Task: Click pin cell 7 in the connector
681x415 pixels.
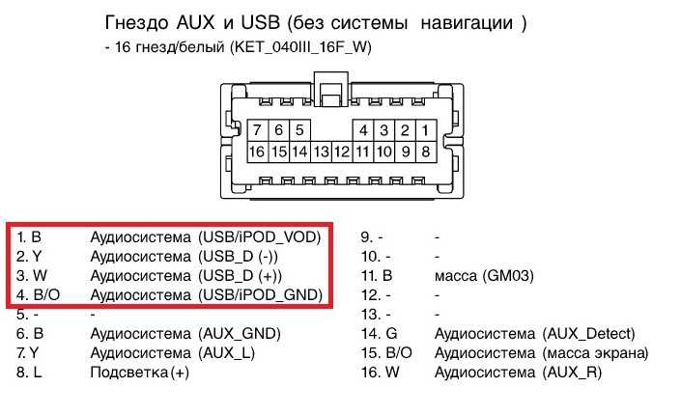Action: pyautogui.click(x=258, y=130)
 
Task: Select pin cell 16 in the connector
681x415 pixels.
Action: pyautogui.click(x=258, y=152)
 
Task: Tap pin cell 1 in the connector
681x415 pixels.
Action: pyautogui.click(x=426, y=130)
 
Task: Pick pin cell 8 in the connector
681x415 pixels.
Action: pyautogui.click(x=426, y=152)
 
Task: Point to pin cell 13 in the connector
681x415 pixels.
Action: pyautogui.click(x=321, y=152)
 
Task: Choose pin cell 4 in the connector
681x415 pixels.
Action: pyautogui.click(x=363, y=130)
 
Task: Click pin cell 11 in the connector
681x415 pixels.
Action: pyautogui.click(x=363, y=152)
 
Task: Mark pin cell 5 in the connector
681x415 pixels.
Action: pyautogui.click(x=299, y=130)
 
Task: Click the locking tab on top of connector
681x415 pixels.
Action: pyautogui.click(x=331, y=89)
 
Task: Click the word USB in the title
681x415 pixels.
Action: pyautogui.click(x=260, y=22)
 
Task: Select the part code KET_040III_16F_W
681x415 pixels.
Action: pyautogui.click(x=301, y=47)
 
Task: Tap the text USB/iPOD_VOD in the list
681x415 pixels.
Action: pyautogui.click(x=262, y=237)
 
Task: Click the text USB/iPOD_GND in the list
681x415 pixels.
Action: pyautogui.click(x=263, y=294)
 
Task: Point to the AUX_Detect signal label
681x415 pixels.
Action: pyautogui.click(x=588, y=333)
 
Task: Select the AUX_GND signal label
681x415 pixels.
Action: pyautogui.click(x=241, y=333)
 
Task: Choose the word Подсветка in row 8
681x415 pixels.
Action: pyautogui.click(x=129, y=372)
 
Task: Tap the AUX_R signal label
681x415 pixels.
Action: pyautogui.click(x=572, y=372)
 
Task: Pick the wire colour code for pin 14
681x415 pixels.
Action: pyautogui.click(x=391, y=333)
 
